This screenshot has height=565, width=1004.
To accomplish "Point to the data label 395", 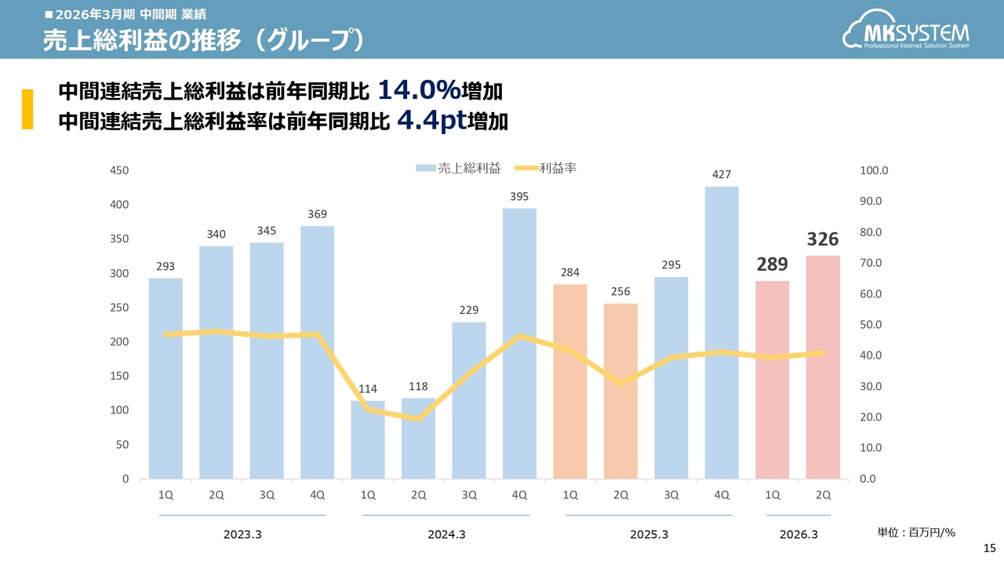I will (519, 197).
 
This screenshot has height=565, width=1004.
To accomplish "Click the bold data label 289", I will (773, 264).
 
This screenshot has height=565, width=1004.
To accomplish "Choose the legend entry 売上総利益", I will (458, 167).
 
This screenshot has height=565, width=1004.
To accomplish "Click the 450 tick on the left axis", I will (120, 170).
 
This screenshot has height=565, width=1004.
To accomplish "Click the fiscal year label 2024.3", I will (446, 534).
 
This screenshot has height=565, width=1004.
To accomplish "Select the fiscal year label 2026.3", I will (798, 534).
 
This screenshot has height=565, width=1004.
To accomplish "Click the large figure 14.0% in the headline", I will (419, 91).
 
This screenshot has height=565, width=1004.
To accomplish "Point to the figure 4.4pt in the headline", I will (432, 120).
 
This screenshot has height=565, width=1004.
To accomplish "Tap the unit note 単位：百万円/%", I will (916, 533).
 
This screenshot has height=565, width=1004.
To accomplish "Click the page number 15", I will (989, 548).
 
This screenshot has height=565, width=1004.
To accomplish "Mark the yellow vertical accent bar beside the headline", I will (27, 109).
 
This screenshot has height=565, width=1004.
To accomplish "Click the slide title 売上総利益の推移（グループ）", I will (202, 41).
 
